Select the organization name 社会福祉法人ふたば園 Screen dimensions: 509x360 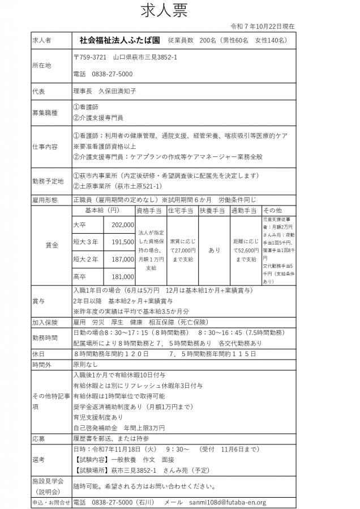[x=119, y=41]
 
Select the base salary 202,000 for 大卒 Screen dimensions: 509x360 [x=123, y=225]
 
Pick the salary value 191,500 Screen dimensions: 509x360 [x=123, y=242]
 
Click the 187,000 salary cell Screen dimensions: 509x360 [x=123, y=259]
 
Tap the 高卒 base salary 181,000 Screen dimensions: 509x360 [x=123, y=276]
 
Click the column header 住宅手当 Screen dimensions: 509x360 [x=182, y=210]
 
